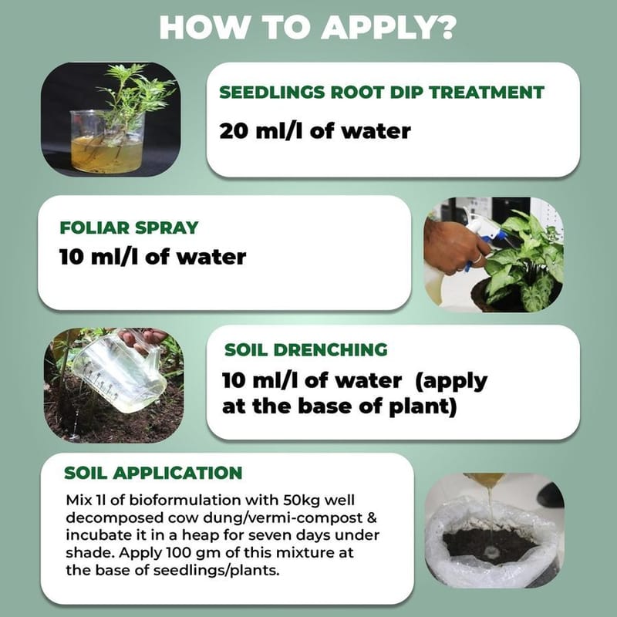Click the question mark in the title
(444, 27)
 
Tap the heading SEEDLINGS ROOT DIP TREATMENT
(382, 93)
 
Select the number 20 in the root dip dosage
(234, 131)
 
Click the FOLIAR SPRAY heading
(129, 228)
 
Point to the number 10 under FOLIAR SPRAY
(71, 258)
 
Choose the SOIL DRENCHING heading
(305, 350)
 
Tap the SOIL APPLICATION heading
(153, 473)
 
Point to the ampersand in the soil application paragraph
(372, 518)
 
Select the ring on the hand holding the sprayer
(477, 258)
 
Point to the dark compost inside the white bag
(488, 544)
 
